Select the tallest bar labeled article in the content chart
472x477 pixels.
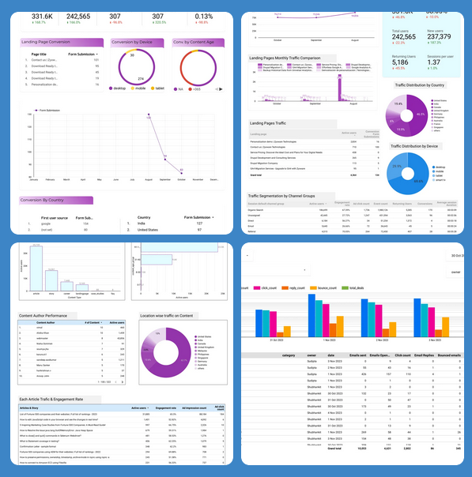tap(34, 269)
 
